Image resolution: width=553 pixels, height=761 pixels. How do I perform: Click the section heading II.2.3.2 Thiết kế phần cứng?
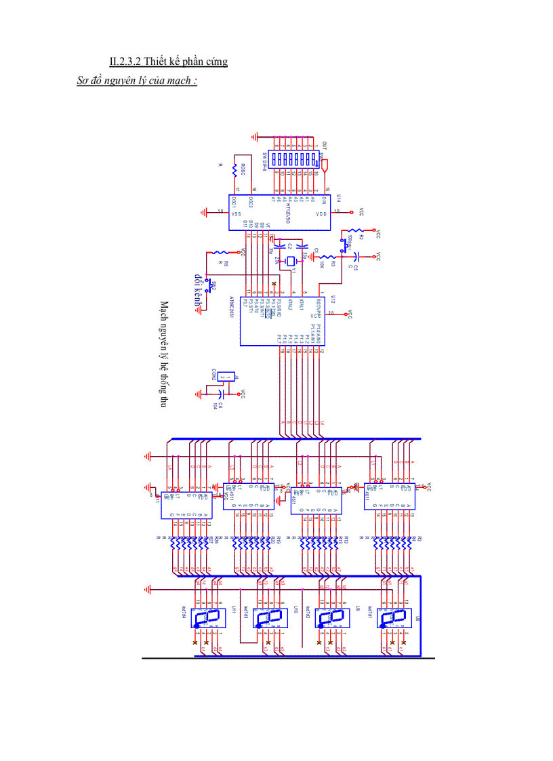point(168,62)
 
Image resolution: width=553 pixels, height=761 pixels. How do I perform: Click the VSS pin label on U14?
point(237,212)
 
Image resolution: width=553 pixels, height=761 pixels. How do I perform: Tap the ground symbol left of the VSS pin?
point(205,212)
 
